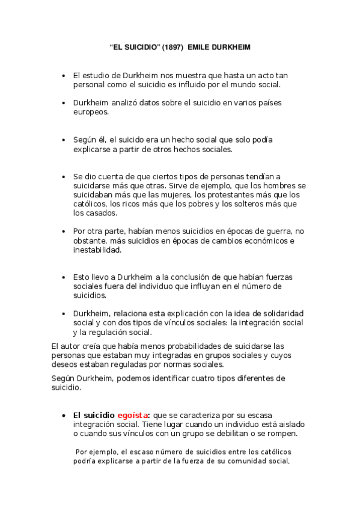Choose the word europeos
(91, 112)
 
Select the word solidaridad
(281, 314)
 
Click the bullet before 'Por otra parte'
(64, 232)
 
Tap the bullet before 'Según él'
(64, 140)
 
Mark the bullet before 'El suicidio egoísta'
(64, 416)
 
